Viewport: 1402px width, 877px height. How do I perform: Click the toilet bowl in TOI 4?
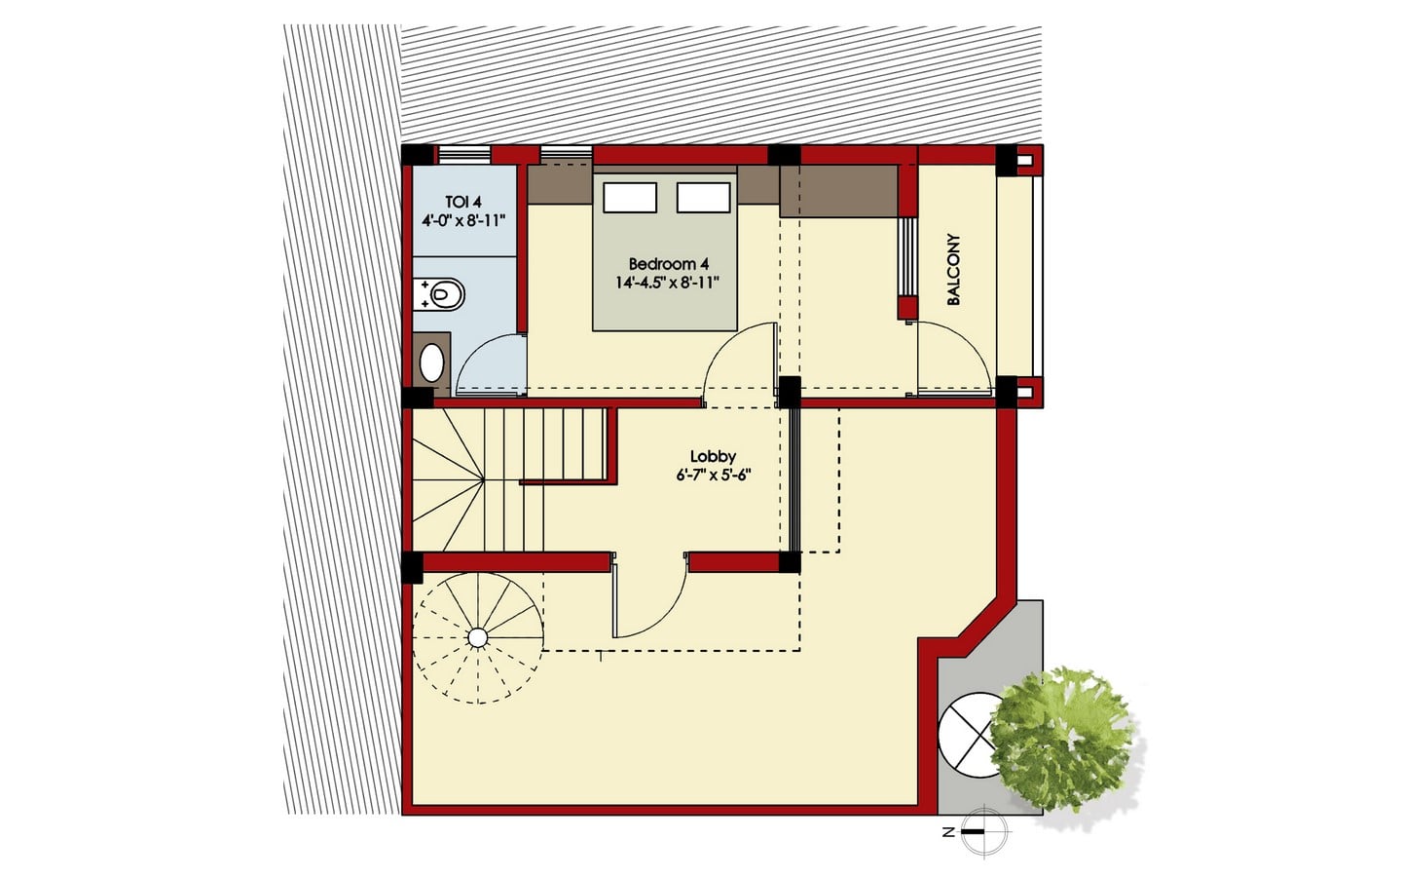click(x=440, y=293)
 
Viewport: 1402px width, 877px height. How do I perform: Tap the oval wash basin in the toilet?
click(x=431, y=362)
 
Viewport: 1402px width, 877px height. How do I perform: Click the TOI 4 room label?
click(x=463, y=202)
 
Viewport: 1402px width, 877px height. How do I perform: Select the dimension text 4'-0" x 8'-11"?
click(x=463, y=220)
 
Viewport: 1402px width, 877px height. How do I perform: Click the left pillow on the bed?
click(x=630, y=197)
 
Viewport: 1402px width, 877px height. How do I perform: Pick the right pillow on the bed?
click(x=704, y=197)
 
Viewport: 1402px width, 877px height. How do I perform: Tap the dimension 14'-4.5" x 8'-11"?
click(x=665, y=283)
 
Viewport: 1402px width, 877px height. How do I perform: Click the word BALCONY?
click(x=953, y=269)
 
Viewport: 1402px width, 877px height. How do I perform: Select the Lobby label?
click(x=713, y=456)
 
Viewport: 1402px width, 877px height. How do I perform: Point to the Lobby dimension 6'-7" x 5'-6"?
click(x=713, y=475)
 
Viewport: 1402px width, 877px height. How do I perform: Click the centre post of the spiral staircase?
click(x=477, y=637)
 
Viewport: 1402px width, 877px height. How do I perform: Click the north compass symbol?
click(x=984, y=832)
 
